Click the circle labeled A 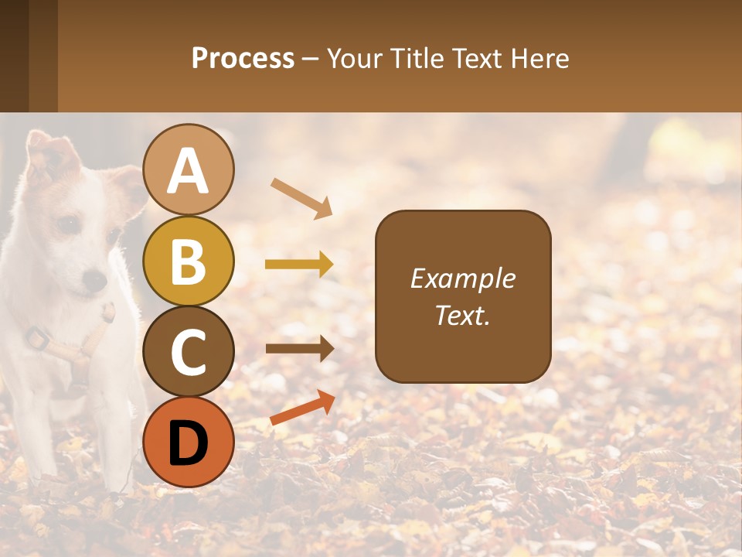189,170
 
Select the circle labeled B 189,261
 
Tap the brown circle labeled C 189,351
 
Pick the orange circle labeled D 189,442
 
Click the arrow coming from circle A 301,198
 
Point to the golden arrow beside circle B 299,265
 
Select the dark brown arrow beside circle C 299,348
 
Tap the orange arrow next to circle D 302,408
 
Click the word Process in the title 243,58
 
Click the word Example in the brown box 463,278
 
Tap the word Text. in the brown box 463,315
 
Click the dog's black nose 94,279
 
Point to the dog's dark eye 70,224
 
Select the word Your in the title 353,58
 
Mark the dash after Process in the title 311,60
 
